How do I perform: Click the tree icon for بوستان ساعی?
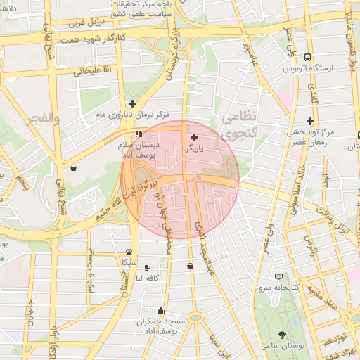click(283, 335)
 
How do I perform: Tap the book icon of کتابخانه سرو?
click(280, 277)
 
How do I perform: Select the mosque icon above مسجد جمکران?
click(162, 309)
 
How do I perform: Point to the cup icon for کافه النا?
click(147, 267)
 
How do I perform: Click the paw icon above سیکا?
click(129, 252)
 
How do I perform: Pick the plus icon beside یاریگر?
click(194, 138)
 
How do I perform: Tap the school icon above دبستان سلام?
click(138, 133)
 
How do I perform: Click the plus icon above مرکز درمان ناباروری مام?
click(131, 103)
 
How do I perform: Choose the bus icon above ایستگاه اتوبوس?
click(307, 58)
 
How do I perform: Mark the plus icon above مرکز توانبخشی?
click(310, 121)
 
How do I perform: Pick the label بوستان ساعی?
click(283, 347)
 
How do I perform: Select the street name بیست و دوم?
click(90, 271)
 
